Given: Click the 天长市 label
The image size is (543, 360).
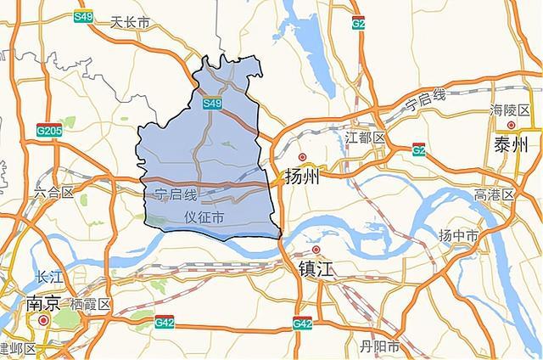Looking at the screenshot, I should pyautogui.click(x=130, y=23).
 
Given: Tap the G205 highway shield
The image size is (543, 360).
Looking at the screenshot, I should pyautogui.click(x=48, y=131).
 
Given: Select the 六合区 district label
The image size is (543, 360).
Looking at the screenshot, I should pyautogui.click(x=55, y=193).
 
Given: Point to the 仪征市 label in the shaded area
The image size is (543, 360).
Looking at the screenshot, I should pyautogui.click(x=204, y=218).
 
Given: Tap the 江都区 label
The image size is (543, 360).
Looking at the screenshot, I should pyautogui.click(x=366, y=137).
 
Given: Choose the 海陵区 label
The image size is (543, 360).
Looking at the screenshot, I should pyautogui.click(x=509, y=110).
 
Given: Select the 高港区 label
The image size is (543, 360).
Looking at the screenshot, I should pyautogui.click(x=495, y=194).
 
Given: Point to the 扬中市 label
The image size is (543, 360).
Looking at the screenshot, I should pyautogui.click(x=458, y=235).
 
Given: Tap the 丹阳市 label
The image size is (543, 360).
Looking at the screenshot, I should pyautogui.click(x=379, y=346).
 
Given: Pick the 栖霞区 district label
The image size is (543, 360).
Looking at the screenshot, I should pyautogui.click(x=91, y=304).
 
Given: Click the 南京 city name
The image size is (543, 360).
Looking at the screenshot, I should pyautogui.click(x=44, y=304).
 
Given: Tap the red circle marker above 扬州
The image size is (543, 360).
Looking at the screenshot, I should pyautogui.click(x=301, y=157).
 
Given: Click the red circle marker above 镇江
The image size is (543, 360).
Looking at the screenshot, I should pyautogui.click(x=316, y=250).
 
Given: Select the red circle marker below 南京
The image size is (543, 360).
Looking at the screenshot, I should pyautogui.click(x=43, y=321).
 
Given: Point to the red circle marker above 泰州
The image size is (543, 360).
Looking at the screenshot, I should pyautogui.click(x=511, y=126).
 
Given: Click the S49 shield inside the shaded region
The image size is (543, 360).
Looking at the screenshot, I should pyautogui.click(x=212, y=104).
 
